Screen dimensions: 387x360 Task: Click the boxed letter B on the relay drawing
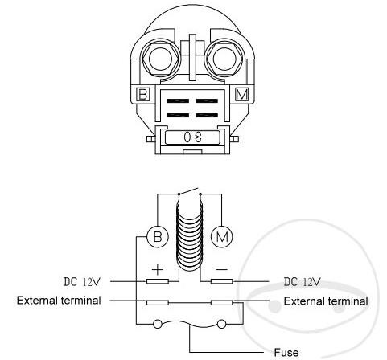coord(142,94)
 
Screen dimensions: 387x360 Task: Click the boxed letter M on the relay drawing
coord(241,94)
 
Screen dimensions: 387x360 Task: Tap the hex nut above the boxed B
coord(160,59)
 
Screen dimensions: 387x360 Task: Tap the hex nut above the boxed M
coord(224,59)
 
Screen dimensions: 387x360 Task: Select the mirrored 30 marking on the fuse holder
coord(193,137)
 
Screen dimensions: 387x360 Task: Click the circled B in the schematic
coord(158,237)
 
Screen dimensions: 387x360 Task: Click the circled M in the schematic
coord(222,237)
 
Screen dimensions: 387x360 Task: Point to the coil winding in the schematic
coord(190,235)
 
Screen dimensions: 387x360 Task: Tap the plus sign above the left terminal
coord(158,269)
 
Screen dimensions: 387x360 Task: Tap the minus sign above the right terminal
coord(222,269)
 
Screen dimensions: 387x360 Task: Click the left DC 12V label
coord(82,282)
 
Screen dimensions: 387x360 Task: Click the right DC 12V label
coord(303,282)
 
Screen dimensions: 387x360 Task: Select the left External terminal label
coord(59,301)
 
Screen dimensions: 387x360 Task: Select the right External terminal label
coord(326,301)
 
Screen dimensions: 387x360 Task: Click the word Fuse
coord(286,352)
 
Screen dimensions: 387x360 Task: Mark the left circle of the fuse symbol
coord(158,324)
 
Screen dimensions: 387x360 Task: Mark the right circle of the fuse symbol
coord(221,324)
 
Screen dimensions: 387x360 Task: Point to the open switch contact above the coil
coord(189,191)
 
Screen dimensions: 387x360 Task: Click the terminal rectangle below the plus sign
coord(158,281)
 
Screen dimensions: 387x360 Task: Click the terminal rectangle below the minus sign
coord(222,281)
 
